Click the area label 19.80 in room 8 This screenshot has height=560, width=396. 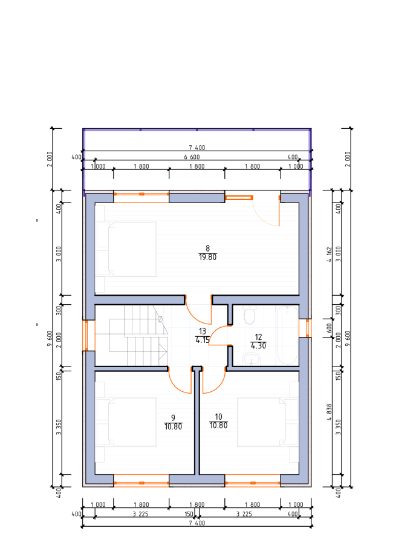(207, 257)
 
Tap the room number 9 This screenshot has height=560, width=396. (173, 417)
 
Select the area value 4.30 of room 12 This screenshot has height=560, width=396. (258, 346)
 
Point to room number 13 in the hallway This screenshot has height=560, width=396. (203, 331)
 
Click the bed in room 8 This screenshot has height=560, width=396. (126, 249)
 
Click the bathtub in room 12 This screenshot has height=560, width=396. (287, 335)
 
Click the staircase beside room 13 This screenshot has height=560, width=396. (138, 336)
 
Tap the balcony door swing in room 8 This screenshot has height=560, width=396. (267, 212)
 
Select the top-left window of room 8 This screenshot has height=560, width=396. (141, 194)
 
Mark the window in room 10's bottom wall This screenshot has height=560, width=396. (253, 483)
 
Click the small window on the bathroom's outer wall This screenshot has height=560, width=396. (305, 328)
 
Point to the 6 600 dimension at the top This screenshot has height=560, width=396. (192, 157)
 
